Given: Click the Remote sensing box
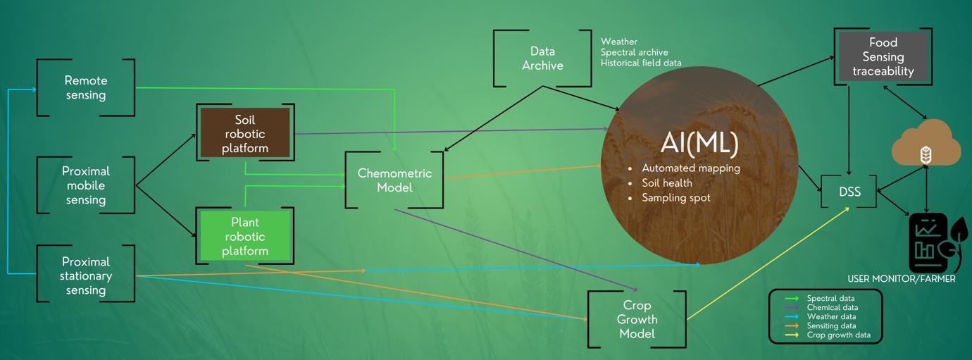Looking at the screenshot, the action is [x=85, y=88].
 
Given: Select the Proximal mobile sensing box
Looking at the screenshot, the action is [x=85, y=185].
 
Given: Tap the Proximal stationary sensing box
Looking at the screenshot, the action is [x=85, y=275].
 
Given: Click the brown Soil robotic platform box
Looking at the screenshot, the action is [x=245, y=133].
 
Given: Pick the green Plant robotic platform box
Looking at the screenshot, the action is [x=245, y=237].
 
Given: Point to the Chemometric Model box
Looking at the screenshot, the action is [x=394, y=180].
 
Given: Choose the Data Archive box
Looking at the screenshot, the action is [x=542, y=58].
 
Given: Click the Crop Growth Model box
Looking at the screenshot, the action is [x=637, y=319].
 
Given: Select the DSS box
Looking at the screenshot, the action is [x=849, y=192].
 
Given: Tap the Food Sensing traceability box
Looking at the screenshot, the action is [x=883, y=57].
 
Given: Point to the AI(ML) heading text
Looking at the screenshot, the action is [x=699, y=143].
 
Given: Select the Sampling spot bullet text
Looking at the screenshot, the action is [x=675, y=198].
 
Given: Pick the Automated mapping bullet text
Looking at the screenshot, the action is [x=690, y=168].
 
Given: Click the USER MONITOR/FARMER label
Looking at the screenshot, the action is [x=901, y=279].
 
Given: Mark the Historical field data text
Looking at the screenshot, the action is [x=640, y=63].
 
